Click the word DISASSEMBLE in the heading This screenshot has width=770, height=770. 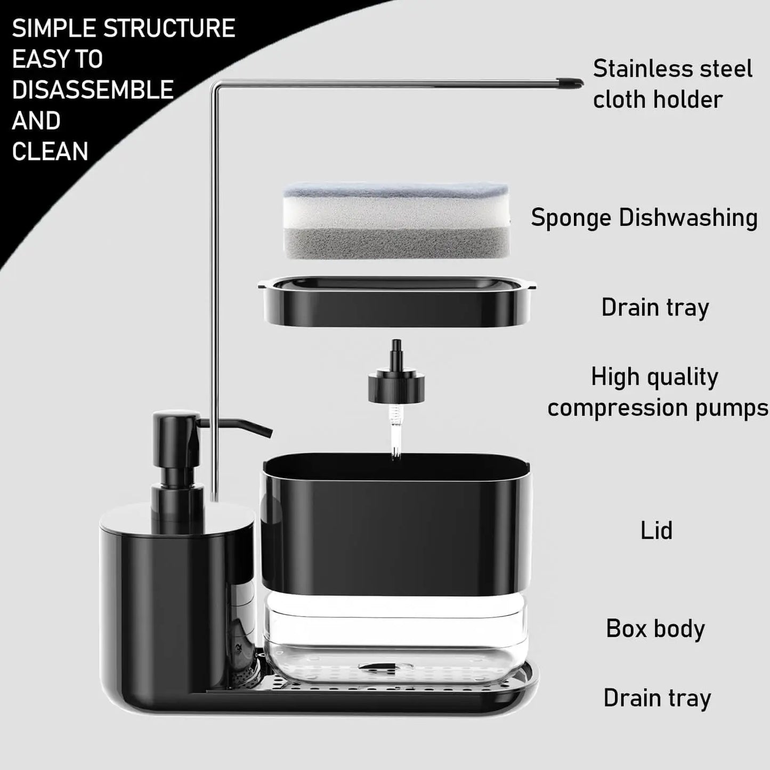coord(93,90)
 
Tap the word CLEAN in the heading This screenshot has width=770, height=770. coord(50,151)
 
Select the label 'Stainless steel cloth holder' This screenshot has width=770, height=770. coord(672,84)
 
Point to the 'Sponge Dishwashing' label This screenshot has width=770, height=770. coord(644,217)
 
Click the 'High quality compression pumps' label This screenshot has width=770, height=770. coord(656,392)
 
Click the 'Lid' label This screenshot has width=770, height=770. coord(656,531)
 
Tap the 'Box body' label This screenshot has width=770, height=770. coord(655,629)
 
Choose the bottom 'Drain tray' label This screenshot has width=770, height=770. coord(657,698)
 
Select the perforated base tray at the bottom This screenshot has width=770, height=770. coord(373,690)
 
